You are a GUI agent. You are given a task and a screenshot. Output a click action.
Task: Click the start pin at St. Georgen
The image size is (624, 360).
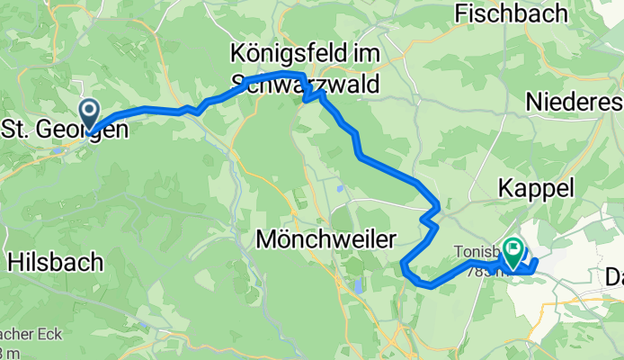coord(91,115)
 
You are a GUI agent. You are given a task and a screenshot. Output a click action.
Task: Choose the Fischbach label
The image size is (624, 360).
coord(512,13)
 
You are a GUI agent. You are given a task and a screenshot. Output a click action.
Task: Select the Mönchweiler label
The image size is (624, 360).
coord(326,239)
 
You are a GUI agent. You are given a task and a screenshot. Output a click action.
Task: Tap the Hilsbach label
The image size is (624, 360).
coord(55,262)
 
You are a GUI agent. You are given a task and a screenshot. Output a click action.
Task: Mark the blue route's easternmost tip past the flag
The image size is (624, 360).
coord(538,262)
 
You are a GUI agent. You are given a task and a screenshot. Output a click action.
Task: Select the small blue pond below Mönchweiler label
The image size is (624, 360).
coord(359,287)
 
